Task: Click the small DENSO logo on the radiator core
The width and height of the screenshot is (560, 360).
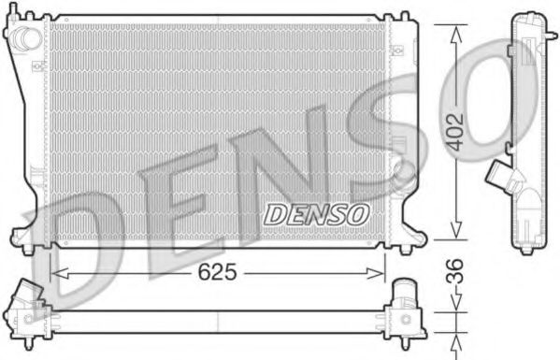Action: [x=316, y=214]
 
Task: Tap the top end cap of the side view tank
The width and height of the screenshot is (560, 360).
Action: [x=529, y=21]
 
